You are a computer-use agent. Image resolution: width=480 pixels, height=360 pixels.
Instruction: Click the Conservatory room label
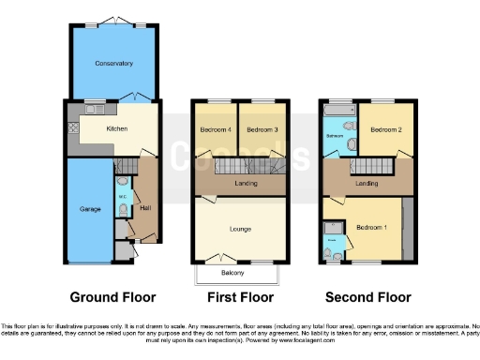pos(113,64)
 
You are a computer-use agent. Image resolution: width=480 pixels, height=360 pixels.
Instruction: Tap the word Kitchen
pos(117,128)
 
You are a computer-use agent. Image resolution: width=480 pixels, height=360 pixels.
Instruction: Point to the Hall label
pos(145,208)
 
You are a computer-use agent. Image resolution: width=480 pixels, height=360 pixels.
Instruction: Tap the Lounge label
pos(240,228)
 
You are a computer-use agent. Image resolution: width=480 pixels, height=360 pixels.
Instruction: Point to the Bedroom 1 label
pos(371,228)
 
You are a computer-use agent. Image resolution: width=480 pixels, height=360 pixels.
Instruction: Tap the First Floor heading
pos(240,297)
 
